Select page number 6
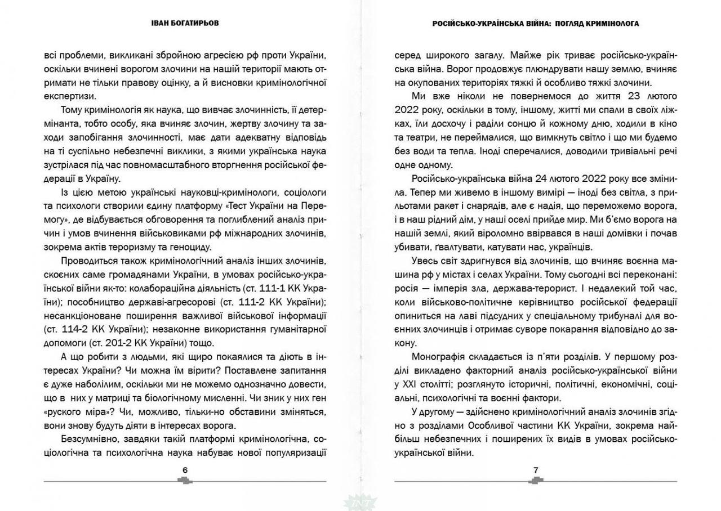click(x=185, y=470)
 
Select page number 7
click(x=536, y=470)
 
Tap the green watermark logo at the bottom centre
click(x=360, y=503)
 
